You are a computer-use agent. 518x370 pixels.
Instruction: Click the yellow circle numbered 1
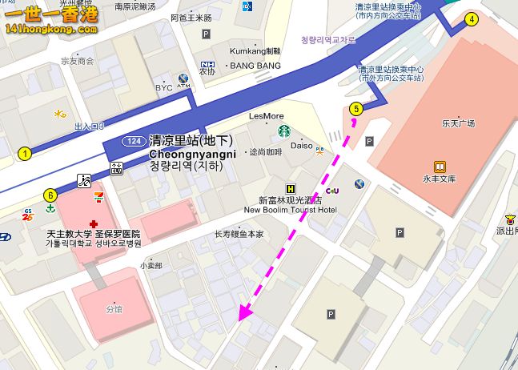[26, 153]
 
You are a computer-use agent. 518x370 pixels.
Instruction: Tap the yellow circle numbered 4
[472, 20]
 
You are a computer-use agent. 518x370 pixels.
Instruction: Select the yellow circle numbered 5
[356, 108]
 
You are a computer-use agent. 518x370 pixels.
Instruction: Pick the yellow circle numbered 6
[50, 194]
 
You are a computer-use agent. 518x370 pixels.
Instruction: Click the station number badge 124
[134, 141]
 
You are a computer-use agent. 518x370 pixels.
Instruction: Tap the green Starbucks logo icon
[283, 131]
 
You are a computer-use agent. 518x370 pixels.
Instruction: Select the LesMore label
[267, 115]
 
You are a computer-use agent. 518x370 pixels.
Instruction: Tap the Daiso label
[302, 146]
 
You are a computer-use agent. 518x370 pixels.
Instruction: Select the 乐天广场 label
[458, 123]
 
